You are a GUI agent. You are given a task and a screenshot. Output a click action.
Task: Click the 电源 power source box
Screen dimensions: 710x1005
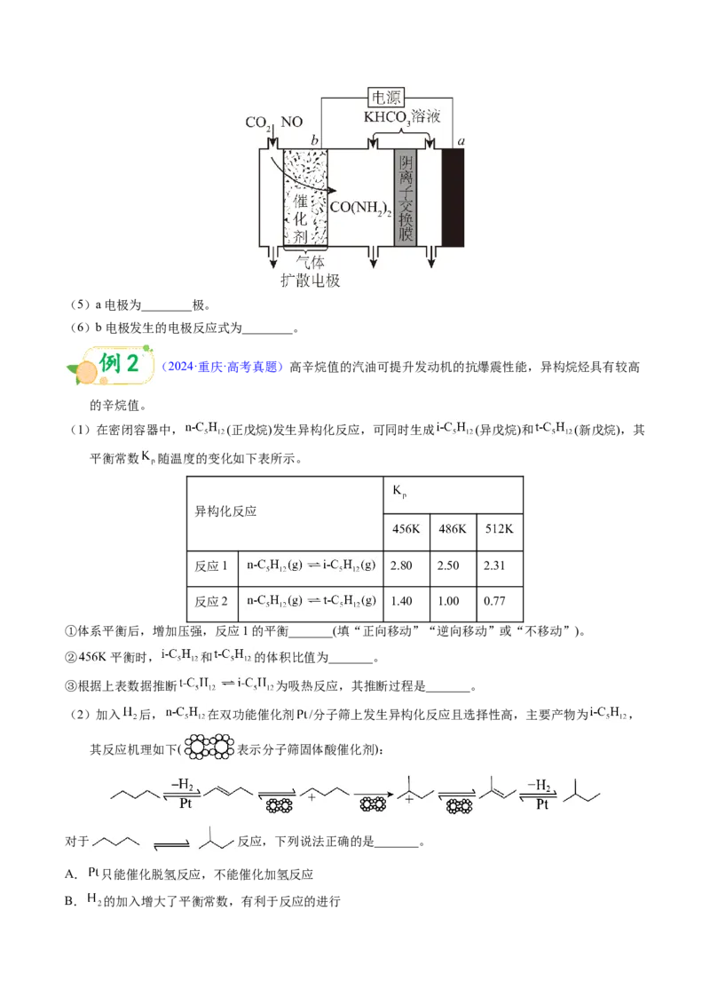(386, 98)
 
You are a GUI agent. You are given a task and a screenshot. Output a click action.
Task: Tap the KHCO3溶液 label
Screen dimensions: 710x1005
(402, 117)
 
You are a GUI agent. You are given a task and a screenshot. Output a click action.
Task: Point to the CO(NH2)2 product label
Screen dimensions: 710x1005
(360, 208)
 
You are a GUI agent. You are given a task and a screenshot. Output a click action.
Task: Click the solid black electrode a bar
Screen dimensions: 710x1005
(453, 197)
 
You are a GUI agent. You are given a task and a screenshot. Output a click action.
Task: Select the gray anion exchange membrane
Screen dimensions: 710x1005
(405, 197)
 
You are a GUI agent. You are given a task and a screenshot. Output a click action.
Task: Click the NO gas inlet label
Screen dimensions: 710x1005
(292, 122)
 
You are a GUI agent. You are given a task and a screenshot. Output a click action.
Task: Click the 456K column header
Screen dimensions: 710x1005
(406, 529)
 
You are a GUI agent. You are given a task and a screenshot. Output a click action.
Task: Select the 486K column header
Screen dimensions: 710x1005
(453, 529)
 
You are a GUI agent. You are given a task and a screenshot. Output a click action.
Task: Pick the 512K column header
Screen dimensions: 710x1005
(499, 529)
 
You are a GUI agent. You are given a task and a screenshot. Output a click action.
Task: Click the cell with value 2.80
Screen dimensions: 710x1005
(401, 566)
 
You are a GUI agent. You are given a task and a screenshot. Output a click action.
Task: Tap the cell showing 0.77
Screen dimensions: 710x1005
(494, 601)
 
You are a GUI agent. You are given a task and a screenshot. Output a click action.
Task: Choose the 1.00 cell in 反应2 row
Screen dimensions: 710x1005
(448, 601)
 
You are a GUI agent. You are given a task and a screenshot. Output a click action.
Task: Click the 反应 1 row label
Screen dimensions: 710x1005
(211, 566)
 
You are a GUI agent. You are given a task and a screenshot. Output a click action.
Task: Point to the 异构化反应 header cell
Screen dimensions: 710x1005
(225, 510)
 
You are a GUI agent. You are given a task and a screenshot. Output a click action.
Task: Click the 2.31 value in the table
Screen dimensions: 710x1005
(494, 566)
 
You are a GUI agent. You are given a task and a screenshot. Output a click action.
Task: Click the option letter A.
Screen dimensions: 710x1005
(70, 874)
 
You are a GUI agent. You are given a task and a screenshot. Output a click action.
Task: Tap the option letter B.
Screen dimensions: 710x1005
(70, 902)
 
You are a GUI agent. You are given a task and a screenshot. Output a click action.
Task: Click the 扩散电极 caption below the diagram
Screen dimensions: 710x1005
(310, 281)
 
